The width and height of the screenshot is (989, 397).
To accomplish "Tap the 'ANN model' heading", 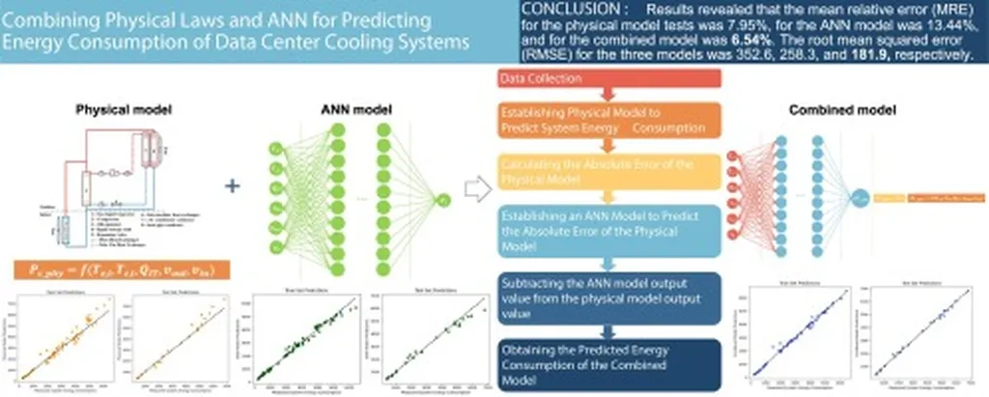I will pyautogui.click(x=350, y=109).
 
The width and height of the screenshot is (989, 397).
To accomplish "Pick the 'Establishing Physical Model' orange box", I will pyautogui.click(x=599, y=120).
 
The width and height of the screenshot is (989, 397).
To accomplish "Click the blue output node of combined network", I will pyautogui.click(x=859, y=199).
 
